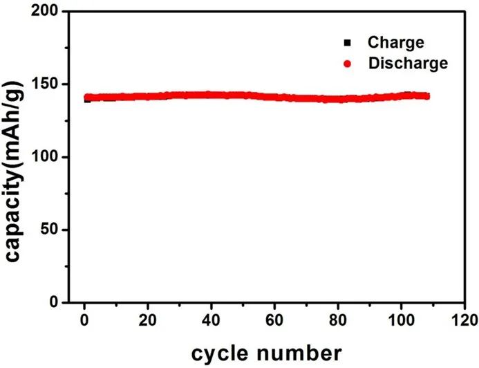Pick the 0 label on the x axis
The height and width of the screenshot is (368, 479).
click(x=84, y=320)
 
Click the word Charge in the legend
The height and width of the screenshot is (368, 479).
click(x=396, y=43)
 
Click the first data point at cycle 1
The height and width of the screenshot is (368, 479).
click(x=87, y=98)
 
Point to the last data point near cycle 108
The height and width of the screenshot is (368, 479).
click(x=426, y=96)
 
